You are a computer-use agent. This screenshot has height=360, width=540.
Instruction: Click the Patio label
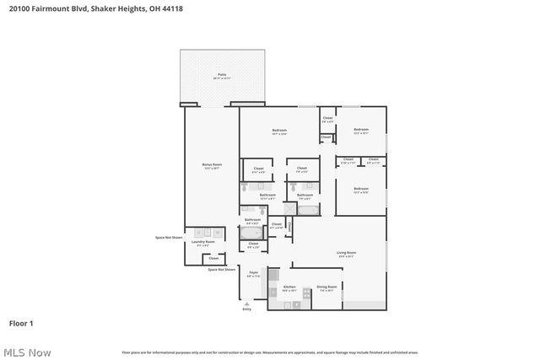pyautogui.click(x=222, y=75)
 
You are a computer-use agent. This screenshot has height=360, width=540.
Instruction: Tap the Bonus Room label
pyautogui.click(x=211, y=164)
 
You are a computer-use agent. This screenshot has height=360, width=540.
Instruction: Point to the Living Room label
pyautogui.click(x=346, y=253)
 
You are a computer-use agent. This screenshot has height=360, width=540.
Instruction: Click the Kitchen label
pyautogui.click(x=289, y=287)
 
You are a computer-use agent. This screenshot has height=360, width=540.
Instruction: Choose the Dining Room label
pyautogui.click(x=327, y=287)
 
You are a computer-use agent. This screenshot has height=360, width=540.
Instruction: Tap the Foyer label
pyautogui.click(x=253, y=273)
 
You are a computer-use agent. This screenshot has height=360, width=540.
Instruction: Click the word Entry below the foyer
pyautogui.click(x=246, y=309)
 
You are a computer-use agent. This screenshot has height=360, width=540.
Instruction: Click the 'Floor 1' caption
pyautogui.click(x=21, y=323)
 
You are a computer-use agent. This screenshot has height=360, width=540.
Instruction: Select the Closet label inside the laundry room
pyautogui.click(x=213, y=258)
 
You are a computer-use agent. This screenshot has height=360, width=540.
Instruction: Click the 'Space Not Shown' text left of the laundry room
pyautogui.click(x=169, y=237)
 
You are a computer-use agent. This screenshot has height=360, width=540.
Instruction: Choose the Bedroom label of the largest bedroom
pyautogui.click(x=279, y=130)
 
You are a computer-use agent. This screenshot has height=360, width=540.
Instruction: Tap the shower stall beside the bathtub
pyautogui.click(x=289, y=210)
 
